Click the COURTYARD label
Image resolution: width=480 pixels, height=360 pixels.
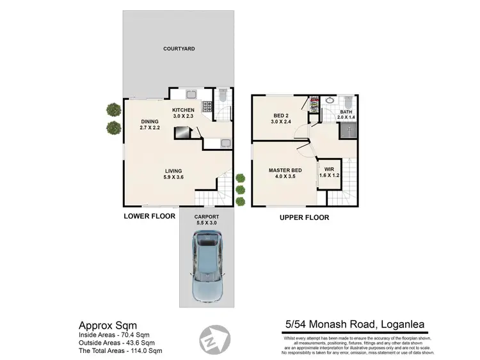pyautogui.click(x=179, y=49)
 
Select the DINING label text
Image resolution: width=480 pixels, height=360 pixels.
pyautogui.click(x=150, y=121)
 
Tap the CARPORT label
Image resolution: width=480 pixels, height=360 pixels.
pyautogui.click(x=207, y=217)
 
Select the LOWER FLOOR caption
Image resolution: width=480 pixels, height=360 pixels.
pyautogui.click(x=149, y=217)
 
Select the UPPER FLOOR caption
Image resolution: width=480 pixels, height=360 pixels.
pyautogui.click(x=304, y=217)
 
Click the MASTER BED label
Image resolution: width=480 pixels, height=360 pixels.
pyautogui.click(x=285, y=170)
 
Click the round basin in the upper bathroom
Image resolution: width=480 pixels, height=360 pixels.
pyautogui.click(x=329, y=100)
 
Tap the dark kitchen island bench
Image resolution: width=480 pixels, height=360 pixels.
pyautogui.click(x=182, y=132)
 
